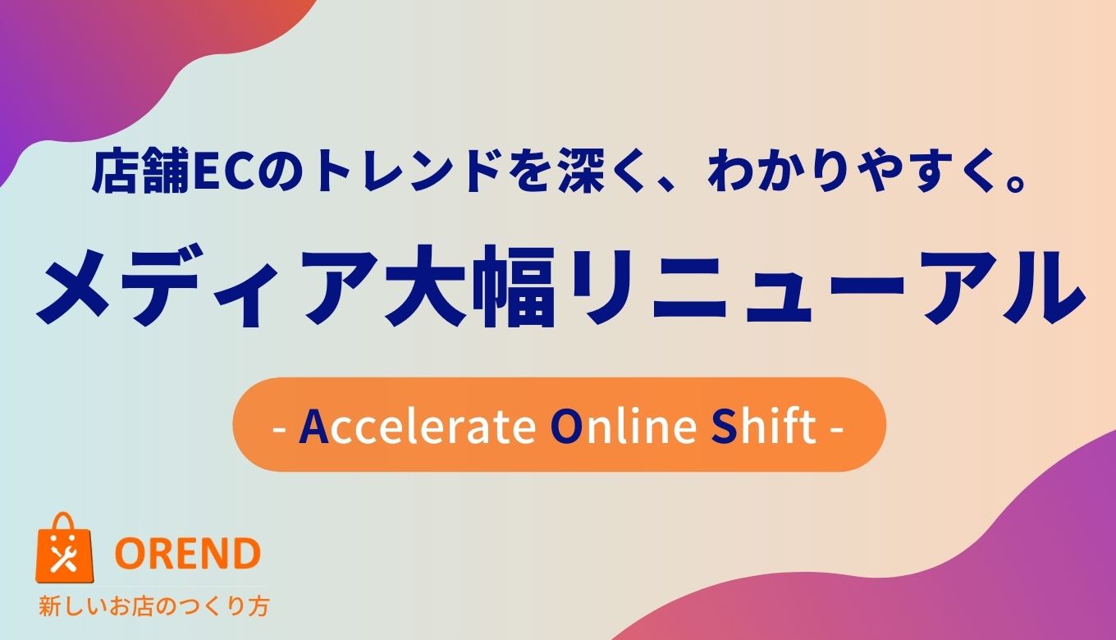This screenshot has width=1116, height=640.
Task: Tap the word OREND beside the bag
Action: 188,555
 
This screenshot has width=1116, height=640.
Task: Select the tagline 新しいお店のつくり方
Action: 154,607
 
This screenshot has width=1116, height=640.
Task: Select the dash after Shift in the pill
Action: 837,428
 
